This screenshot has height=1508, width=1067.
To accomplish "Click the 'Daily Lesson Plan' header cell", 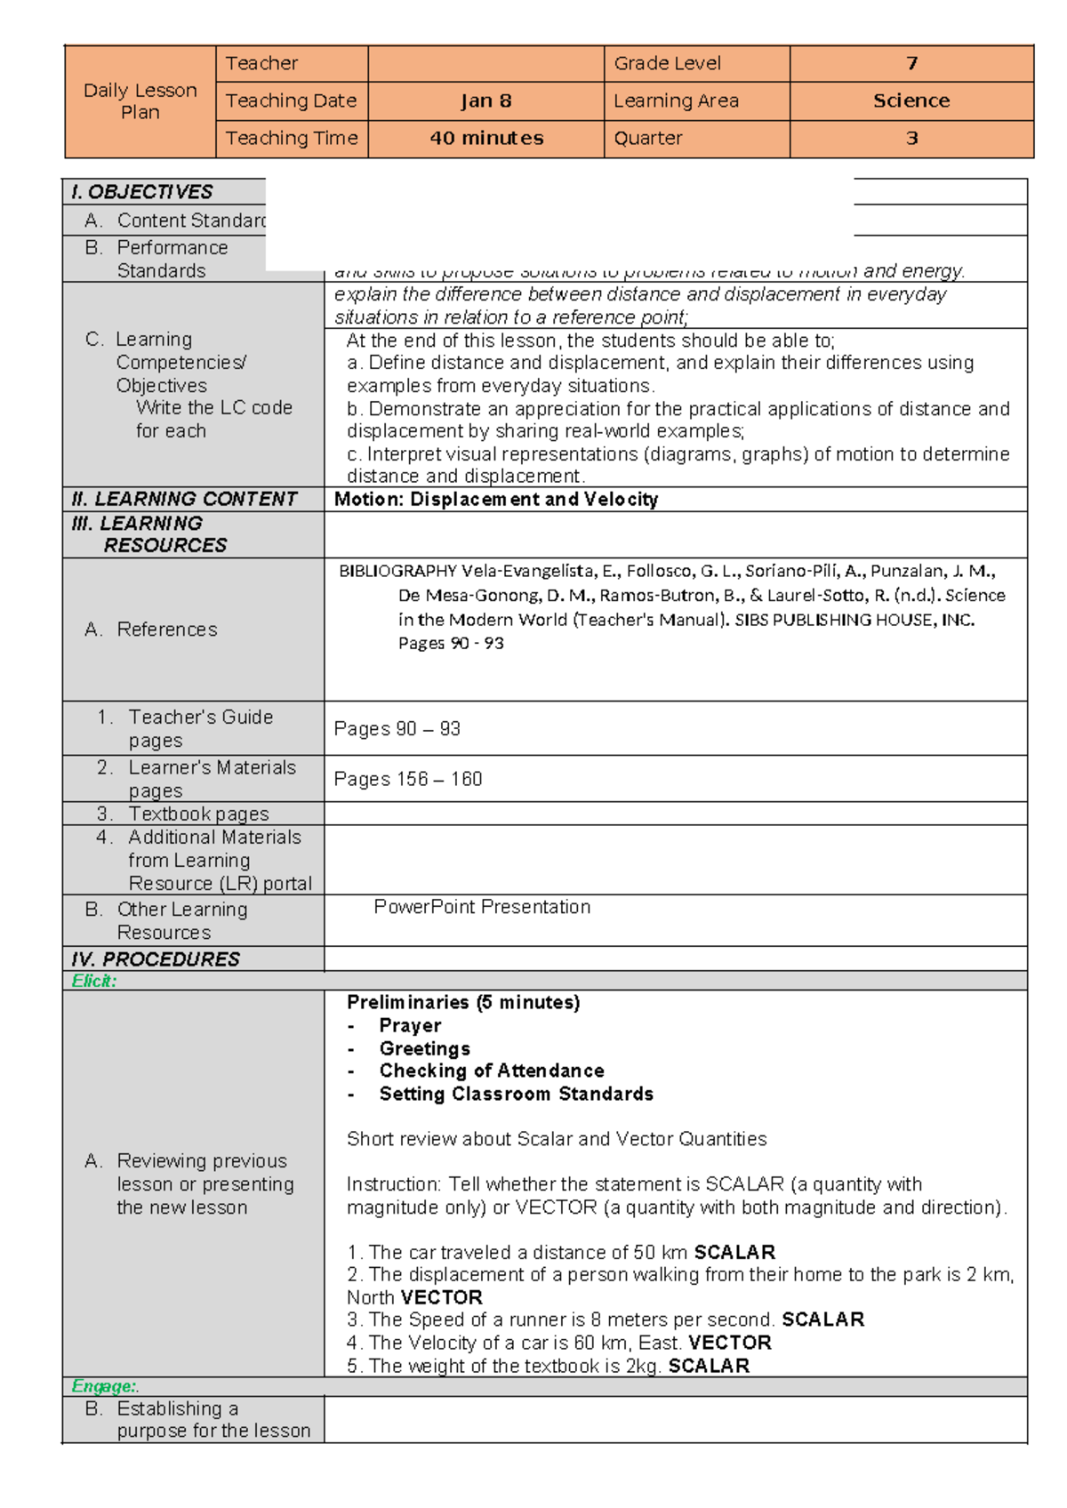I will coord(140,101).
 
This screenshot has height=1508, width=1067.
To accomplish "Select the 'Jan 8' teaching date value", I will coord(485,101).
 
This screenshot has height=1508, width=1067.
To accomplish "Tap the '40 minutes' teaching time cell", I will coord(485,139).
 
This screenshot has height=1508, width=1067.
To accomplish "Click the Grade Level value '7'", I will coord(911,63).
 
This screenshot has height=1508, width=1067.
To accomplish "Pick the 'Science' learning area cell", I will coord(911,101).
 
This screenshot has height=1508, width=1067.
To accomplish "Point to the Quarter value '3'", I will coord(911,139).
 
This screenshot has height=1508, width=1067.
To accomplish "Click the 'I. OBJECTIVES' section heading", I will coord(142,192).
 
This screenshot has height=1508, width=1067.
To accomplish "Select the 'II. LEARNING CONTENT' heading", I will coord(184,499).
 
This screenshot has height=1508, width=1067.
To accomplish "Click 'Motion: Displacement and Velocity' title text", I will coord(496,500).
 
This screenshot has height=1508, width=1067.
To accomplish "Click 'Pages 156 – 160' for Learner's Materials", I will coord(408,780).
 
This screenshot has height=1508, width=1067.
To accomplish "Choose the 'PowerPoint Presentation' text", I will coord(482,907).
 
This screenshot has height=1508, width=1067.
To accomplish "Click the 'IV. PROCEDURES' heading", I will coord(156,959).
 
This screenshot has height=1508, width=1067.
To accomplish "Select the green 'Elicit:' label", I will coord(93,982).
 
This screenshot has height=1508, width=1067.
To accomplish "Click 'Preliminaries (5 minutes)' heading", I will coord(463,1003).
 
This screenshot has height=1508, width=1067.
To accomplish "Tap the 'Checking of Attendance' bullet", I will coord(492,1071).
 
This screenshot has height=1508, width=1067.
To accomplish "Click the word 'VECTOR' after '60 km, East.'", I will coord(729,1343).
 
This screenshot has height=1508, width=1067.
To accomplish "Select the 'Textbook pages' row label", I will coord(198,814).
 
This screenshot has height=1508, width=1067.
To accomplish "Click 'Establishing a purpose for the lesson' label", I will coord(213,1420).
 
